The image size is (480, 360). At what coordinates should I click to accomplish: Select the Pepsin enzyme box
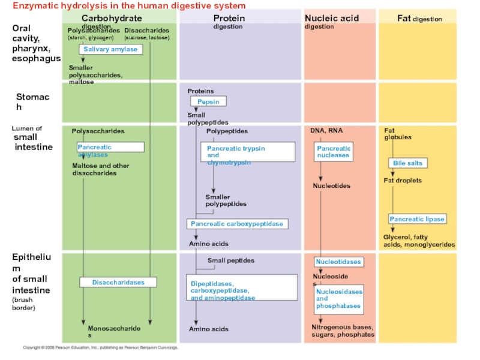click(x=209, y=102)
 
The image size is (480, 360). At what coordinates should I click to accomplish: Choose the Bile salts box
click(x=408, y=163)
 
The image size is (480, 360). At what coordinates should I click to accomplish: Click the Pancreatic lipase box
click(x=417, y=219)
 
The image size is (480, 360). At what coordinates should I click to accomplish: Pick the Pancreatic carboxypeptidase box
click(x=237, y=224)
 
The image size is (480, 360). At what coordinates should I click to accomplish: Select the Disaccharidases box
click(x=119, y=282)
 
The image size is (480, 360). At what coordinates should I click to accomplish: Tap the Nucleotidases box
click(x=338, y=262)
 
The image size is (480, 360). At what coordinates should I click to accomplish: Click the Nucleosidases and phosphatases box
click(x=339, y=299)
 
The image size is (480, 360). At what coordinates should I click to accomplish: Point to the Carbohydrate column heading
click(x=112, y=19)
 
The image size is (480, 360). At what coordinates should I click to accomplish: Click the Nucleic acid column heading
click(x=332, y=19)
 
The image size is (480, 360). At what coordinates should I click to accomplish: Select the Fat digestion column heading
click(x=419, y=19)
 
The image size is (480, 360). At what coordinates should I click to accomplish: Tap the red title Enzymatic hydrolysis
click(x=129, y=5)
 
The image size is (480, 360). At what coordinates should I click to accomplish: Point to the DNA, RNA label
click(x=326, y=131)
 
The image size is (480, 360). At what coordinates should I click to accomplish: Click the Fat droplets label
click(x=403, y=181)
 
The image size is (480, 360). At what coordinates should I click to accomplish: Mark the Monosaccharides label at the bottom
click(x=114, y=332)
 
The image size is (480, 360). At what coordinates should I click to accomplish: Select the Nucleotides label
click(x=332, y=186)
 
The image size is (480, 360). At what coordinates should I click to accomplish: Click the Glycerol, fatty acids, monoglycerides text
click(x=419, y=241)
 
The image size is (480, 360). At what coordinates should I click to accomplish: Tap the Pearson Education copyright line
click(x=100, y=347)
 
